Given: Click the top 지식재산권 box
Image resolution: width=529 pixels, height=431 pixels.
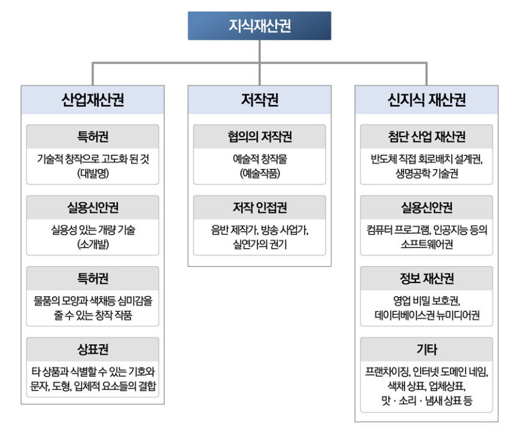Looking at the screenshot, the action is (x=260, y=26).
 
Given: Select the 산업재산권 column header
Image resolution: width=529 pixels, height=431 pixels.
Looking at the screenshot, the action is (x=93, y=99).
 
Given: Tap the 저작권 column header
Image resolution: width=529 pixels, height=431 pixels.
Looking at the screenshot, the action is (x=260, y=99).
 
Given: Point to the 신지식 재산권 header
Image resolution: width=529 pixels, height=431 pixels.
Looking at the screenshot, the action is (x=427, y=99).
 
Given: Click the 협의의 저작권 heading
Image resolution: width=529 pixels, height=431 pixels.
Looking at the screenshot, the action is (x=260, y=136).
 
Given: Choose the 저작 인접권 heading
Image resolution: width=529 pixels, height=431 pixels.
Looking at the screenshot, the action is (x=260, y=208).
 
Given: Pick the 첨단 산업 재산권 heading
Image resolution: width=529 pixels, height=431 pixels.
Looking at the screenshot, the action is (x=427, y=136).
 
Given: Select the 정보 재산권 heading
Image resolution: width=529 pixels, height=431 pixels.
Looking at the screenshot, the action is (x=427, y=278).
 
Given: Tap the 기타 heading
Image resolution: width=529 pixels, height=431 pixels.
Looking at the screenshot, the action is (x=427, y=350).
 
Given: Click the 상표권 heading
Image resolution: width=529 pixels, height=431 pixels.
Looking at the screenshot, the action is (x=93, y=350).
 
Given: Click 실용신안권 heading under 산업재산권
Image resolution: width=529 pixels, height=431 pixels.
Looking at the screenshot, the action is (x=93, y=208).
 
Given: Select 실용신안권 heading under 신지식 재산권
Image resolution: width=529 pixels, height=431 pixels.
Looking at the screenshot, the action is (x=427, y=208).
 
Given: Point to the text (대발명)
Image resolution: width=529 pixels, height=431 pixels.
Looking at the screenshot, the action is (x=93, y=174).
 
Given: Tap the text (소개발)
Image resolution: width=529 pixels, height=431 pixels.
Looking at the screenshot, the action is (x=93, y=244).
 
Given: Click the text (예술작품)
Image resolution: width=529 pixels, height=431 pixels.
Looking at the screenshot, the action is (x=260, y=174).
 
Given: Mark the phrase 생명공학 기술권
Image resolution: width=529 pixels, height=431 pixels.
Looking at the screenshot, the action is (x=427, y=174).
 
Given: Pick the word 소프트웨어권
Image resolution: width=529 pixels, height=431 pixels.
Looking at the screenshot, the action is (x=427, y=244).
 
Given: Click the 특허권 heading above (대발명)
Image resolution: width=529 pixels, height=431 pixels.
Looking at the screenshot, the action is (x=93, y=136).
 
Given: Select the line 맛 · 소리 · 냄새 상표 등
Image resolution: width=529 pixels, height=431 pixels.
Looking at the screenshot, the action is (x=427, y=400).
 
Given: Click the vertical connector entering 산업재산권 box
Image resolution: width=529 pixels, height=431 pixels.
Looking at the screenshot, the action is (x=93, y=74).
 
